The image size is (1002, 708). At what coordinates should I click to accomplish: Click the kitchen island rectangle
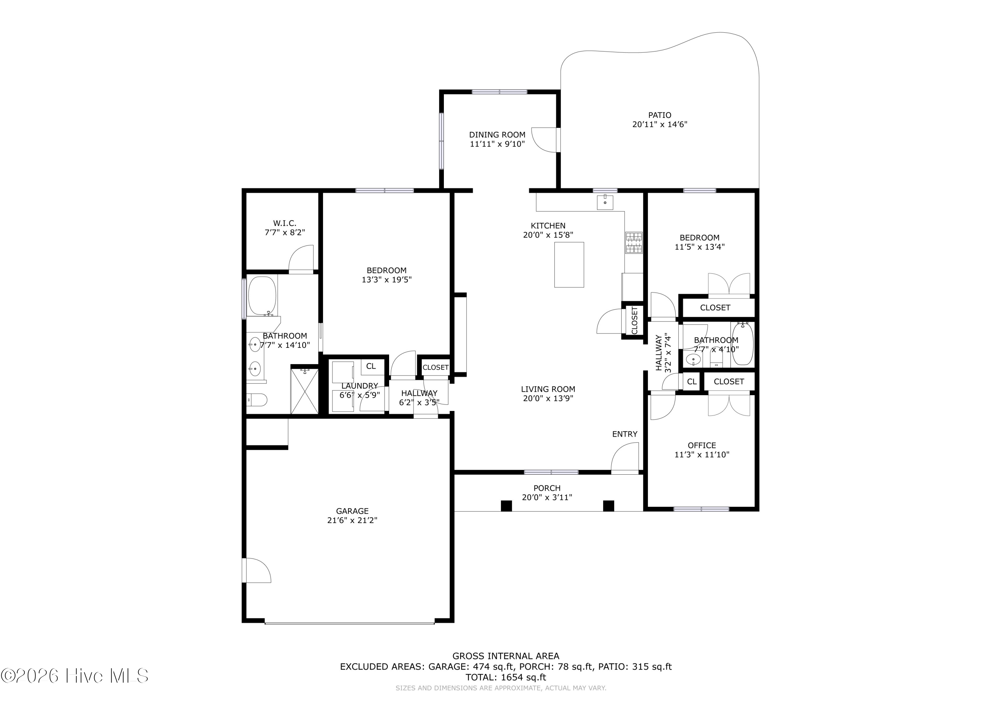[569, 265]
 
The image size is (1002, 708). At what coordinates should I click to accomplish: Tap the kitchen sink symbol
[605, 202]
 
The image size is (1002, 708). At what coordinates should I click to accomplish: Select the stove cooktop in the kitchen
[634, 243]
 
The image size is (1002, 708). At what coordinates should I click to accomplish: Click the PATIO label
[659, 115]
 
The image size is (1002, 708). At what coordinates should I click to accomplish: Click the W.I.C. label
[285, 223]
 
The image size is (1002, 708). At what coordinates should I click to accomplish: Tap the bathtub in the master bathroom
[262, 296]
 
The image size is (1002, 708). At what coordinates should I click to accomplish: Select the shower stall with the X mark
[304, 391]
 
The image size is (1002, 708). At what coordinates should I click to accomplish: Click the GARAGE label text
[352, 511]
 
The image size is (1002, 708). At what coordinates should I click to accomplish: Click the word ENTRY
[625, 434]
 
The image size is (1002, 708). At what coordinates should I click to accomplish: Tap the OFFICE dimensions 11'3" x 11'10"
[702, 455]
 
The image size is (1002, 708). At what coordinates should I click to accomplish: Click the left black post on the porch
[506, 506]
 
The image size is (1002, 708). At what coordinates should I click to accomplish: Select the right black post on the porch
[609, 506]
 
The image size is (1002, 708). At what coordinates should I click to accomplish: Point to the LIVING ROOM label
[548, 389]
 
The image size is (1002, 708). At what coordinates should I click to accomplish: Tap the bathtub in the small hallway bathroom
[742, 344]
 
